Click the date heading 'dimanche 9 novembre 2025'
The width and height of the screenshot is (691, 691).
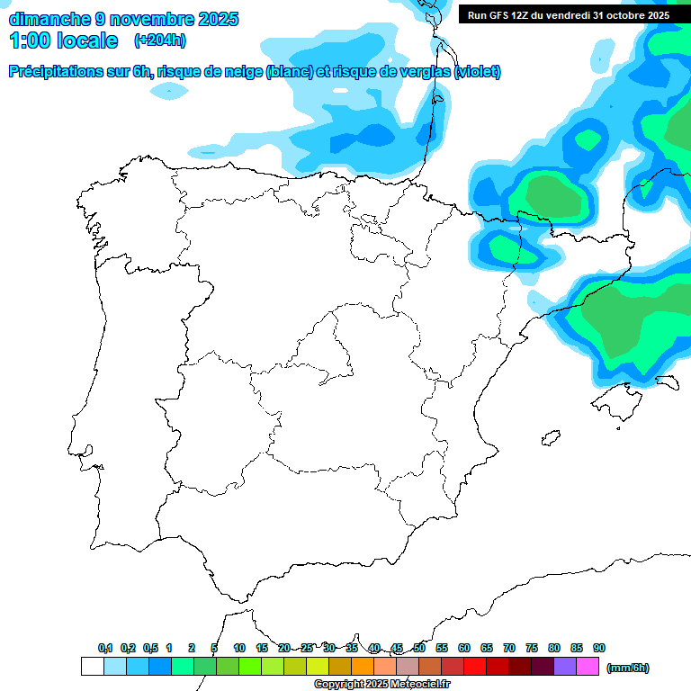(x=124, y=19)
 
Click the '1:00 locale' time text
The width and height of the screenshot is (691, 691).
(x=64, y=40)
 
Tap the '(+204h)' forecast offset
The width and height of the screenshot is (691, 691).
(x=159, y=40)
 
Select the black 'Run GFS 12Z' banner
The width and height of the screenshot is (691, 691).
(x=569, y=15)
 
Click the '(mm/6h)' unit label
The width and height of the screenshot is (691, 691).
(x=627, y=668)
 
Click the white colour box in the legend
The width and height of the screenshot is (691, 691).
(x=93, y=667)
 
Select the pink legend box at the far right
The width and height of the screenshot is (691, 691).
(x=588, y=667)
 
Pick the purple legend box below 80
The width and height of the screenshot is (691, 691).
(x=565, y=667)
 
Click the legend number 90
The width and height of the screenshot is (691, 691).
(x=599, y=648)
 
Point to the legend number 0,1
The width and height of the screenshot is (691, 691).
(x=105, y=648)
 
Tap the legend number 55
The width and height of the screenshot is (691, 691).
(x=442, y=648)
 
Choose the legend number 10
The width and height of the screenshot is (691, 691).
(x=239, y=648)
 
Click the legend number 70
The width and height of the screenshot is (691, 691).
(x=509, y=648)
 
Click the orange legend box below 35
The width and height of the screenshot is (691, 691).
(x=363, y=667)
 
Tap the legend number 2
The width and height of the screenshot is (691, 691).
(x=192, y=648)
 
